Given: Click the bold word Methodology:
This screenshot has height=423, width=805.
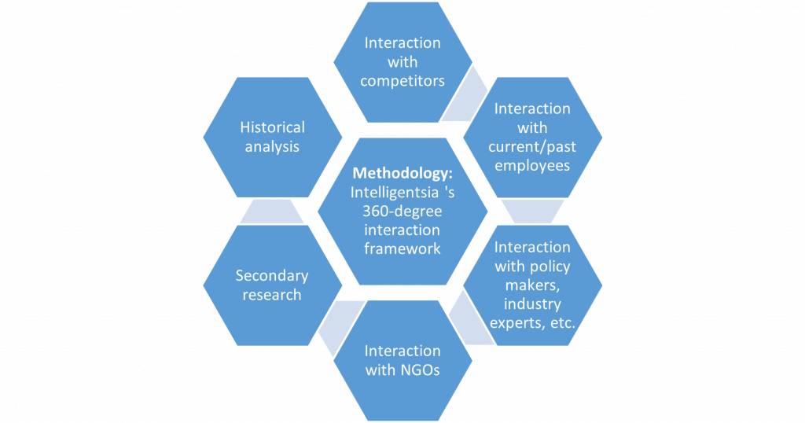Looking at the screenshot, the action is tap(402, 174).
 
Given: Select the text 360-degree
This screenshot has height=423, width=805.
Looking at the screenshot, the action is tap(402, 211).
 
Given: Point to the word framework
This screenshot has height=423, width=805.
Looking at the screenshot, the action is tap(402, 248).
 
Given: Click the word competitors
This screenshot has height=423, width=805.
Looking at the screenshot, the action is tap(402, 81).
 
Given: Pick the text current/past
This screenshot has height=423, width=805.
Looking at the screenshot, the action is tap(532, 147).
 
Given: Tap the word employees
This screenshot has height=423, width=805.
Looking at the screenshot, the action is tap(532, 166).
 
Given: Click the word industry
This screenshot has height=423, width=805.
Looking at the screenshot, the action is tap(532, 304).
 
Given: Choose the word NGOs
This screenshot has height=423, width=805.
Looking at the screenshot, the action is tap(421, 370).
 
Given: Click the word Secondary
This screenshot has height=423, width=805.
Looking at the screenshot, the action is tap(272, 276).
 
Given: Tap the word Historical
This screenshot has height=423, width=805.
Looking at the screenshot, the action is tap(272, 127).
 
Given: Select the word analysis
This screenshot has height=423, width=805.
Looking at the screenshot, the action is tap(272, 147).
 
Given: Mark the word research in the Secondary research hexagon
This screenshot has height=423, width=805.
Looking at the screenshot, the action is tap(272, 295).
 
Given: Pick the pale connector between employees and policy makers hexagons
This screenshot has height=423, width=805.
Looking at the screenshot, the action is tap(532, 211).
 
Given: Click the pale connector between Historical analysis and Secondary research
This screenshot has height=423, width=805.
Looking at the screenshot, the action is tap(272, 211).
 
